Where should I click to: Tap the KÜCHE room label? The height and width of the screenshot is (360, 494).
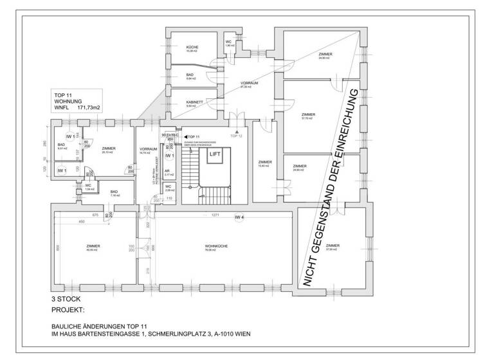click(192, 48)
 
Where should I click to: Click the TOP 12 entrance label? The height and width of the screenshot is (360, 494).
click(236, 137)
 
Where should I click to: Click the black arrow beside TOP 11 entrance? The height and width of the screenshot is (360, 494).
click(185, 137)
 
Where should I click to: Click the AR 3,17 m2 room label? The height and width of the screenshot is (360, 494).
click(169, 172)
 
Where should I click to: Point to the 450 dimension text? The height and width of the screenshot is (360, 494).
click(82, 222)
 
